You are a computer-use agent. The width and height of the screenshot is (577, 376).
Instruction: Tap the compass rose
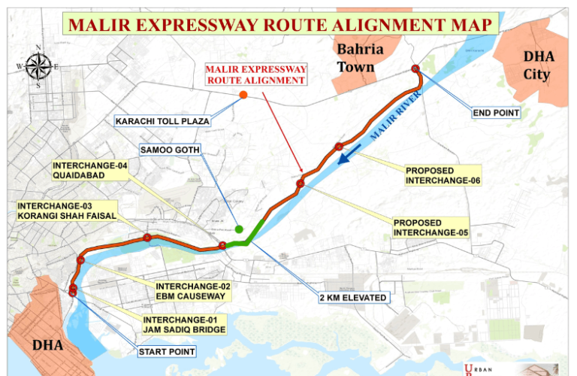(x=37, y=66)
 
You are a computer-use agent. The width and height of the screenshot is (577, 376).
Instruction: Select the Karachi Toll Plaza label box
(x=162, y=120)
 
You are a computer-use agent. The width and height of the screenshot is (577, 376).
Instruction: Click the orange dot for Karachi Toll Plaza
(x=243, y=95)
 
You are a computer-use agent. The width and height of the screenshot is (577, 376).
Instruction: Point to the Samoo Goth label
(x=170, y=150)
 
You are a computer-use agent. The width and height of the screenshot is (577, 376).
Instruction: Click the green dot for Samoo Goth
(x=239, y=229)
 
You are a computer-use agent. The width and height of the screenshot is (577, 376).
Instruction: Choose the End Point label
(x=496, y=113)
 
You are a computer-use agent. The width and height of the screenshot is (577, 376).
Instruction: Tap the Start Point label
(x=166, y=351)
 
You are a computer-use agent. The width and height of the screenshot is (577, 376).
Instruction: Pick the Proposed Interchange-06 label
(x=442, y=175)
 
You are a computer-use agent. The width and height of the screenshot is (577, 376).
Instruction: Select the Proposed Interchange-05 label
(x=430, y=227)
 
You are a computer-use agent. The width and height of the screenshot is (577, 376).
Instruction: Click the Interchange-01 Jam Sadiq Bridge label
(x=183, y=324)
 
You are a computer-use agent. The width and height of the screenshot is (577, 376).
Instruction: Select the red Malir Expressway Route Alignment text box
(x=256, y=74)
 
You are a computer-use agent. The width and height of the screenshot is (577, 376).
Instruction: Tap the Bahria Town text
(x=360, y=58)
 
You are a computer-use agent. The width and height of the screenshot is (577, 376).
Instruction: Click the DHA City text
(x=536, y=65)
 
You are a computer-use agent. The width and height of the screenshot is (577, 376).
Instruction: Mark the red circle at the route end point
(x=415, y=69)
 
